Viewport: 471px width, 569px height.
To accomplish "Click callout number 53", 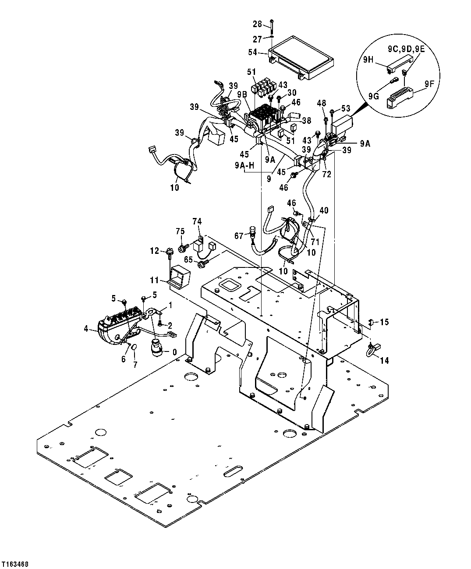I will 346,108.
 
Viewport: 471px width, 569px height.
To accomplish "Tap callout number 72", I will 327,174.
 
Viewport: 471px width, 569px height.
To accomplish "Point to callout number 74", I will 198,221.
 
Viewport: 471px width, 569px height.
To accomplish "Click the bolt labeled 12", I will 169,252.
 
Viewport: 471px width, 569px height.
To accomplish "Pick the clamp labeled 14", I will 371,348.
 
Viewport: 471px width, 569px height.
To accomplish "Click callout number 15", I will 384,322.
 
